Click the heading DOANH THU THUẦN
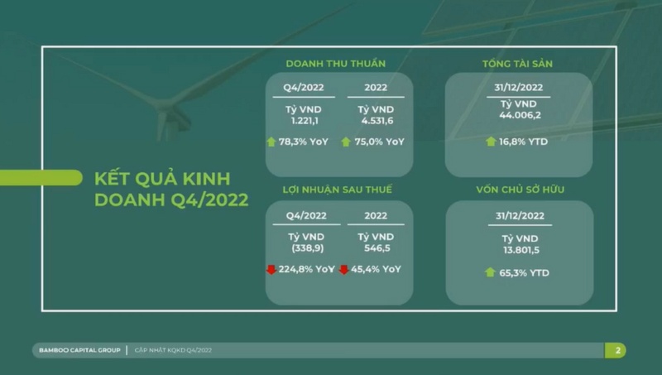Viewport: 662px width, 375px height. [x=336, y=64]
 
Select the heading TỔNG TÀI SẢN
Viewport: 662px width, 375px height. [x=518, y=64]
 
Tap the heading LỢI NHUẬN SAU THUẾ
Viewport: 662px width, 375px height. [x=338, y=190]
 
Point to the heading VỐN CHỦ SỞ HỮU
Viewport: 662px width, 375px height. [x=520, y=190]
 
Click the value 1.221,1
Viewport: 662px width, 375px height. [x=305, y=121]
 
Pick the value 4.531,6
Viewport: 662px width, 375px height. [x=377, y=121]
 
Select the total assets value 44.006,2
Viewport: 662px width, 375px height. [x=520, y=115]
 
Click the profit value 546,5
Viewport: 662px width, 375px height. [x=377, y=248]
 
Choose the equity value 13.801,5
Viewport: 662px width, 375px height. [x=521, y=250]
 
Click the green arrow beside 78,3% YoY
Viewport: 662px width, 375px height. [x=271, y=142]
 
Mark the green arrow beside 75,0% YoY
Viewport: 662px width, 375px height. [x=346, y=142]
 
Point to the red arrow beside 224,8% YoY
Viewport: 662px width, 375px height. [x=271, y=269]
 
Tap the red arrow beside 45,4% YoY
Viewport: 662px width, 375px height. [x=343, y=269]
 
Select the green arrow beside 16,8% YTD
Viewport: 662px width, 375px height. [x=491, y=142]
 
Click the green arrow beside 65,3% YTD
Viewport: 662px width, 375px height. [x=490, y=272]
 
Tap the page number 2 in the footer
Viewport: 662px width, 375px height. [x=617, y=350]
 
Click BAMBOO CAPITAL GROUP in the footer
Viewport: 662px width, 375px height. [x=79, y=350]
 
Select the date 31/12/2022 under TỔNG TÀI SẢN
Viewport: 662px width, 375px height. [x=519, y=88]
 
